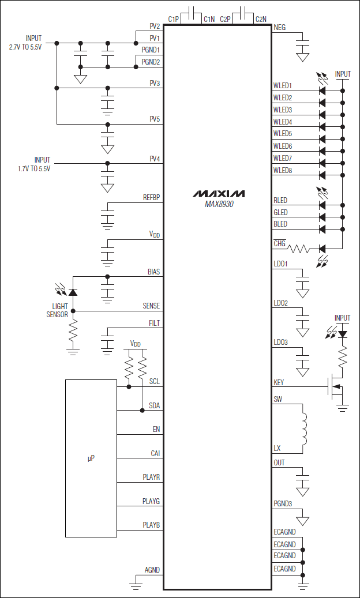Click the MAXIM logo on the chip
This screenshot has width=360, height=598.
tap(218, 193)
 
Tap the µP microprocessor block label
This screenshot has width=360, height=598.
tap(91, 458)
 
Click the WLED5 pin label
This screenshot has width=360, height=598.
tap(283, 134)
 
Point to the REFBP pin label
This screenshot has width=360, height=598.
tap(151, 198)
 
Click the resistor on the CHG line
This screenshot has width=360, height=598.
tap(299, 249)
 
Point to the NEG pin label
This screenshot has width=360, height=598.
tap(280, 27)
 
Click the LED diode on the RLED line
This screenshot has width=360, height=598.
tap(322, 206)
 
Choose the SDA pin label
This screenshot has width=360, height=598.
tap(154, 405)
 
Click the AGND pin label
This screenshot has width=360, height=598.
tap(152, 570)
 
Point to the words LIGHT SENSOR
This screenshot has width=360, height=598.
tap(57, 310)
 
